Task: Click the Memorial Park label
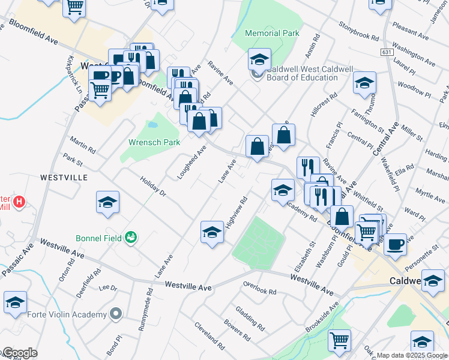(x=273, y=34)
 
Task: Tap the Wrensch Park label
(x=154, y=143)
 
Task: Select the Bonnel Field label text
(x=98, y=238)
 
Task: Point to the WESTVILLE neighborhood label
(x=64, y=178)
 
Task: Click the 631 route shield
(x=386, y=53)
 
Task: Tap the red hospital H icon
(x=19, y=202)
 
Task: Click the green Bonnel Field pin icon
(x=130, y=238)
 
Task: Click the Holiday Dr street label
(x=152, y=187)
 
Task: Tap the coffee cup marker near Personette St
(x=395, y=244)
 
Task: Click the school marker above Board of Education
(x=259, y=59)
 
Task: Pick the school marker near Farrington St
(x=364, y=83)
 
